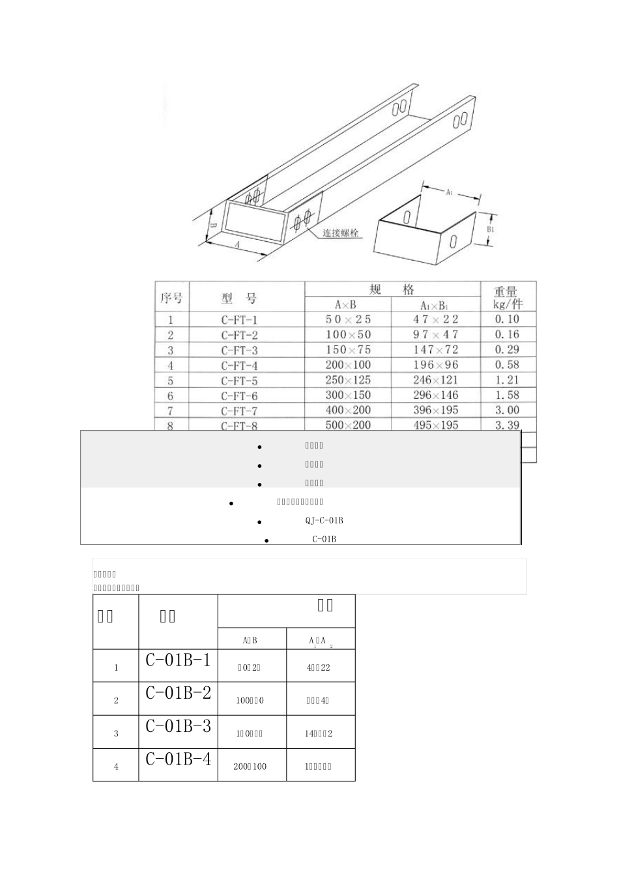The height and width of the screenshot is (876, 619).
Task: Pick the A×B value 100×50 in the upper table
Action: (348, 334)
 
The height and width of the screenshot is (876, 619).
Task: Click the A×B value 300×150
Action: (348, 396)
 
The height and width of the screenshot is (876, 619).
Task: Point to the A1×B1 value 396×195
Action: (435, 410)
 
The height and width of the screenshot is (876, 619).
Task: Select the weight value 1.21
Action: (507, 379)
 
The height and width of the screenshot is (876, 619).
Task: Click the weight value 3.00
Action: (507, 410)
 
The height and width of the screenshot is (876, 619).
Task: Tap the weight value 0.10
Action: (507, 319)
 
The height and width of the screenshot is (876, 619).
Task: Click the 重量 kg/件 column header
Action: (508, 298)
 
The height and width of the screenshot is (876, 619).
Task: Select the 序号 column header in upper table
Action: (171, 298)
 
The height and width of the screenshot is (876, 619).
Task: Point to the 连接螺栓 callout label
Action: (341, 233)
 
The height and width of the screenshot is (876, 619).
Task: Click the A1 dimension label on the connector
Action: (450, 192)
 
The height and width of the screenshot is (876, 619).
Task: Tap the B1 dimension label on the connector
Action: (491, 229)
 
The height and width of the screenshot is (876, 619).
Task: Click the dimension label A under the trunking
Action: (237, 244)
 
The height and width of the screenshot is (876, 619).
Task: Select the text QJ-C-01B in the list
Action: (324, 520)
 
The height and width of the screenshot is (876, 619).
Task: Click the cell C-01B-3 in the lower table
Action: (178, 725)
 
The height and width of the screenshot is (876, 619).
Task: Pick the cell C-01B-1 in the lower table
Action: (178, 660)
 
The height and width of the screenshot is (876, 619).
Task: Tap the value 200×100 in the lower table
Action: (250, 766)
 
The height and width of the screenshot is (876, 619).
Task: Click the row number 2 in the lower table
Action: (116, 700)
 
